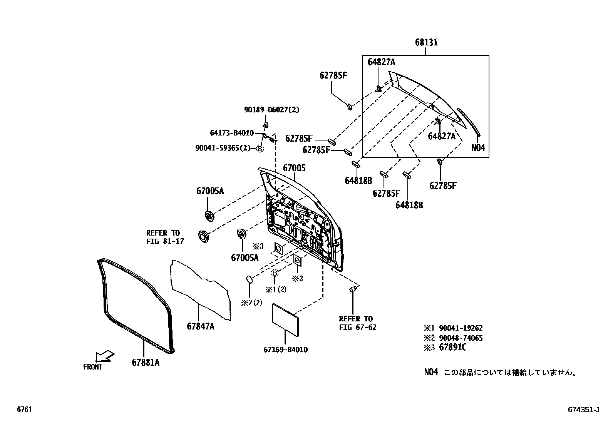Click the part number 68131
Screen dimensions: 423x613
[x=426, y=42]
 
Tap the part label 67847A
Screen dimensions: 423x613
[x=200, y=326]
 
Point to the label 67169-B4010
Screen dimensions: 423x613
[x=286, y=350]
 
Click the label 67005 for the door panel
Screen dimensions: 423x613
[x=294, y=168]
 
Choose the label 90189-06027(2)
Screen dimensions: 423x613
[x=271, y=110]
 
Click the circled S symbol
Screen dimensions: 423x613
[x=260, y=149]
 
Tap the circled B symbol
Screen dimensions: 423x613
[x=275, y=273]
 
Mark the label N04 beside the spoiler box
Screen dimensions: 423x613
[x=478, y=148]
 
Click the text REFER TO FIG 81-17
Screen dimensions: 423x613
[x=163, y=237]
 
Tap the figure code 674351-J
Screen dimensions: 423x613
[x=583, y=410]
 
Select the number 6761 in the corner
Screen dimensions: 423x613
[x=23, y=410]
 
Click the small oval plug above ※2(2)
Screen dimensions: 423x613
[x=249, y=279]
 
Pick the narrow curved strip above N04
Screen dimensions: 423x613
[x=468, y=122]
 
